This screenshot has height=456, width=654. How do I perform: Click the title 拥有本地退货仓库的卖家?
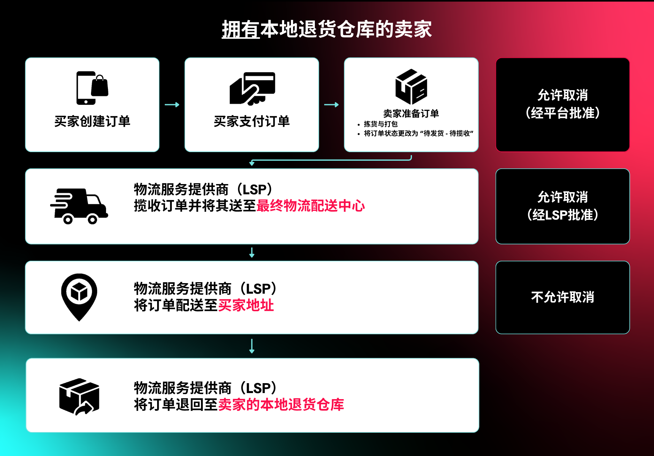(x=327, y=29)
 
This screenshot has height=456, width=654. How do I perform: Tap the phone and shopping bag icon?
(x=92, y=88)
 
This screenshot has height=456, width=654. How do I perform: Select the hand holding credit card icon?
(x=252, y=89)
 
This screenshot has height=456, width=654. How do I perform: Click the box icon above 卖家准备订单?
(x=411, y=87)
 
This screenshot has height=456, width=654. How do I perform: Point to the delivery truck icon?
(x=79, y=206)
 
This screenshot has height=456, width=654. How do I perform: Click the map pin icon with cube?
(x=79, y=297)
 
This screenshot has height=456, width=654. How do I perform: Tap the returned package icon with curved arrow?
(x=79, y=397)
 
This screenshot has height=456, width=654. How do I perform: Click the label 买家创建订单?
(x=92, y=121)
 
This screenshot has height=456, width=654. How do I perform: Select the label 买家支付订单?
(x=252, y=121)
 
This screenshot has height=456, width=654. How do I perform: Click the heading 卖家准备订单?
(x=411, y=113)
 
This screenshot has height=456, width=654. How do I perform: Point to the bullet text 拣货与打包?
(x=381, y=124)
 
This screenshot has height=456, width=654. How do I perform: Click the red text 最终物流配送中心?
(x=311, y=206)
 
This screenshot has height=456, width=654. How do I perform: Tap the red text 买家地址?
(x=246, y=305)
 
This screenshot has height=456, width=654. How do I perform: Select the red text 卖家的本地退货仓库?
(x=281, y=405)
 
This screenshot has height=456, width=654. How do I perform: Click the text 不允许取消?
(x=563, y=297)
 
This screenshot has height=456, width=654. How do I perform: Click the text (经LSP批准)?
(x=563, y=215)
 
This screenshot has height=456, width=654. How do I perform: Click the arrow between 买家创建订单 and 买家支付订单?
(x=172, y=105)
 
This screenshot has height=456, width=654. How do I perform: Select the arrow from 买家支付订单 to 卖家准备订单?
(x=331, y=105)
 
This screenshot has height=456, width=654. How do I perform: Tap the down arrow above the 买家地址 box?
(x=252, y=252)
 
